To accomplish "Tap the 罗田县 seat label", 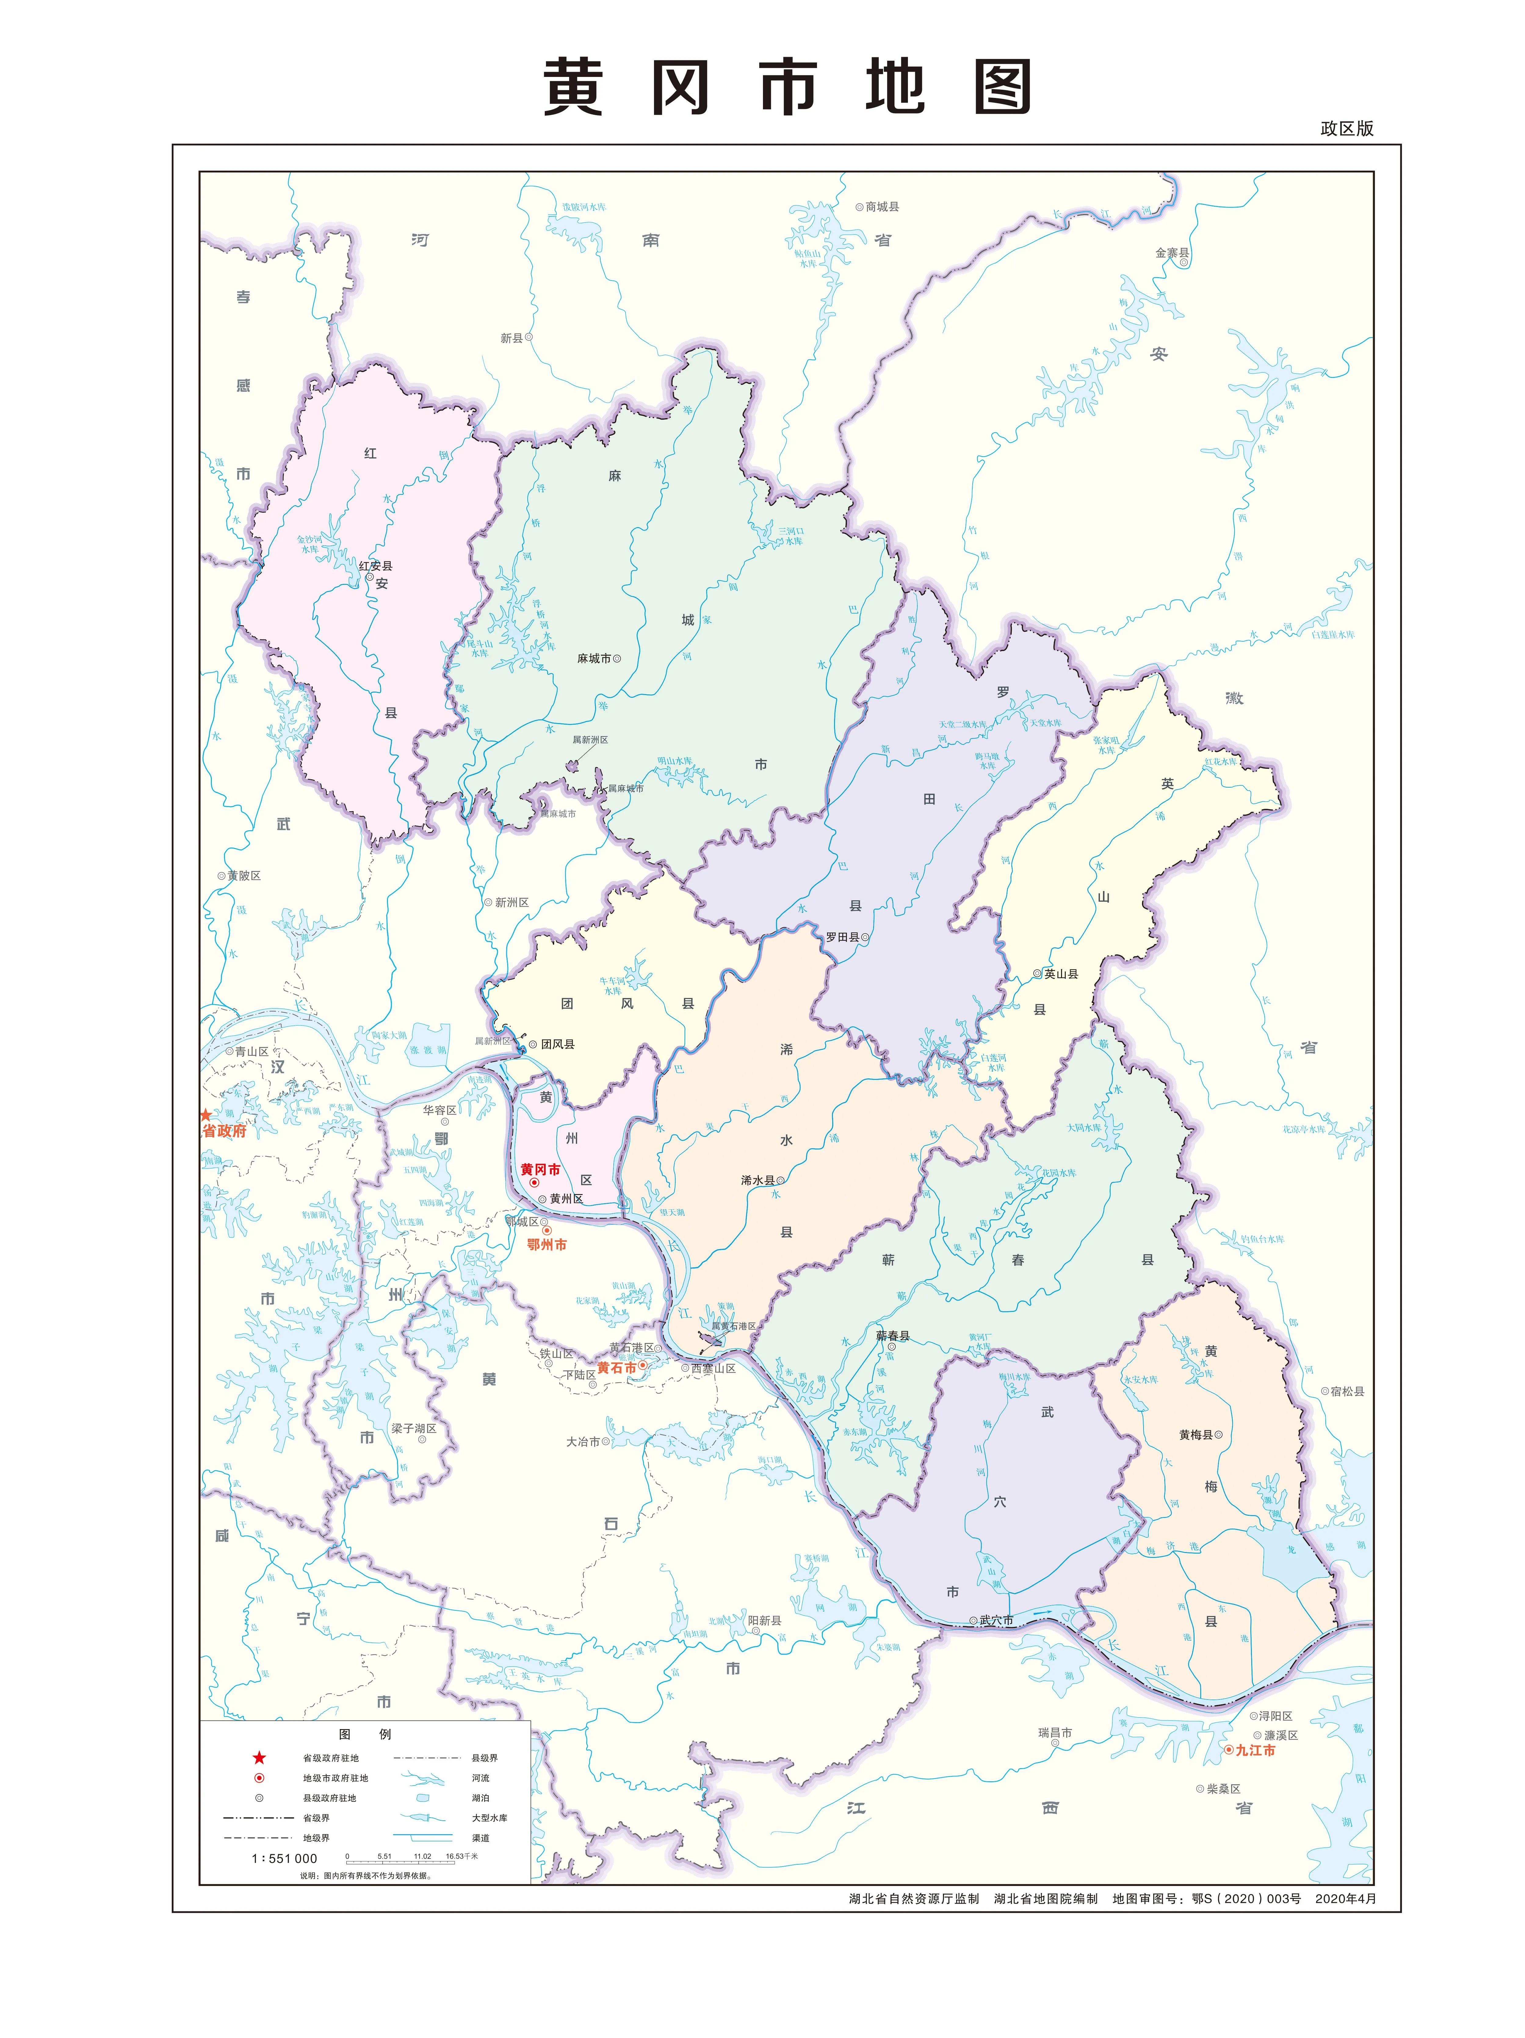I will click(x=841, y=937).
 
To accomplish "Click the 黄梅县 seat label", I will click(x=1195, y=1435).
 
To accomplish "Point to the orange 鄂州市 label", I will click(x=546, y=1245).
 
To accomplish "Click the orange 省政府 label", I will click(x=225, y=1131).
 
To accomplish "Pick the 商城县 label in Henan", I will click(x=882, y=206).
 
